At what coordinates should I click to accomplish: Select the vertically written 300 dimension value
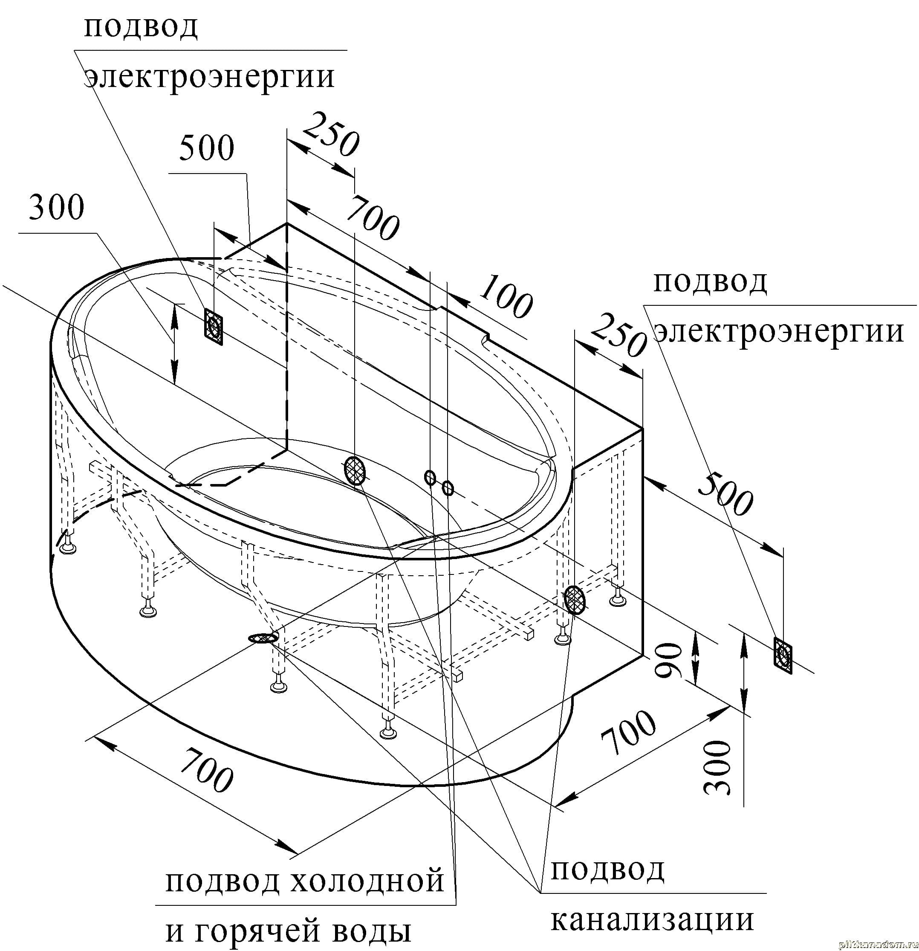point(717,768)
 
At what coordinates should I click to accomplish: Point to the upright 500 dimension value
point(207,148)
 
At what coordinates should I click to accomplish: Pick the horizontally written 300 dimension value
point(57,207)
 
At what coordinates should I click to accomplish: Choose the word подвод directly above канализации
point(607,870)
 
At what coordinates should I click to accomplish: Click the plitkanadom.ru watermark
point(878,945)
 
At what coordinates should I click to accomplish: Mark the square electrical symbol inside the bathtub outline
point(214,327)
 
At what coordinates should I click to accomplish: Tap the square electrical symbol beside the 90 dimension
point(783,655)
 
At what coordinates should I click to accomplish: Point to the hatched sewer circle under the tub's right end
point(574,599)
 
